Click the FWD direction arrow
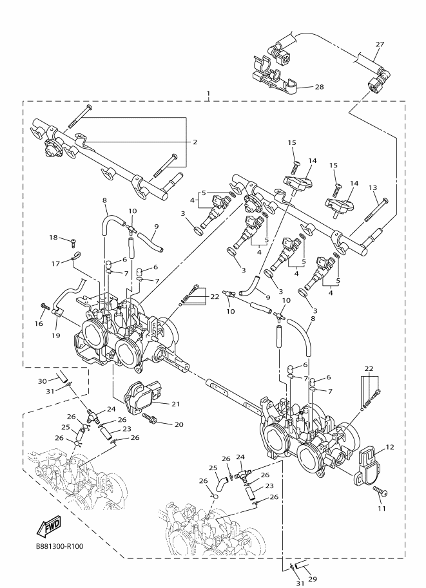pyautogui.click(x=48, y=526)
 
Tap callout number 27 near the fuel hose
pyautogui.click(x=380, y=44)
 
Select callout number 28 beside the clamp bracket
pyautogui.click(x=319, y=87)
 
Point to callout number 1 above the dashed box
pyautogui.click(x=208, y=93)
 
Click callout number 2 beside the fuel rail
pyautogui.click(x=195, y=142)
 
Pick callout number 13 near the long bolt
pyautogui.click(x=373, y=187)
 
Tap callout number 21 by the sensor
pyautogui.click(x=175, y=404)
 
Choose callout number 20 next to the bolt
pyautogui.click(x=179, y=424)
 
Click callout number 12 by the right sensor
pyautogui.click(x=390, y=446)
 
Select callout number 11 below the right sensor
pyautogui.click(x=382, y=508)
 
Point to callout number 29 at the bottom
pyautogui.click(x=313, y=579)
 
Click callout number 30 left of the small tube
pyautogui.click(x=42, y=381)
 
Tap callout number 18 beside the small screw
pyautogui.click(x=53, y=237)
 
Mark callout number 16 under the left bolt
pyautogui.click(x=39, y=323)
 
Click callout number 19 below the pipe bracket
pyautogui.click(x=55, y=336)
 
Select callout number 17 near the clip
pyautogui.click(x=55, y=263)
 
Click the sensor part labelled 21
pyautogui.click(x=145, y=398)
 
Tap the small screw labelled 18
pyautogui.click(x=73, y=242)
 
